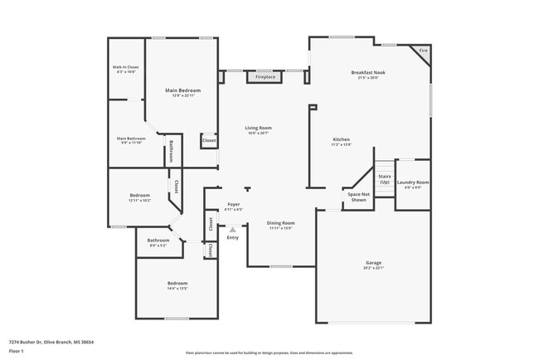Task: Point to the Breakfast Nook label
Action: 368,72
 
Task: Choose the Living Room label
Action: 258,128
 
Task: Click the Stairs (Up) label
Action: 384,179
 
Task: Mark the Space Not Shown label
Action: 358,197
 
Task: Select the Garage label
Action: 373,263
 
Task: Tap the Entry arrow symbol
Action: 233,230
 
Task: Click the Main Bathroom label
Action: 131,139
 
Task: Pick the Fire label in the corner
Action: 423,51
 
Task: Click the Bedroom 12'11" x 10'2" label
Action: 139,196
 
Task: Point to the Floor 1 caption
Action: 17,352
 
